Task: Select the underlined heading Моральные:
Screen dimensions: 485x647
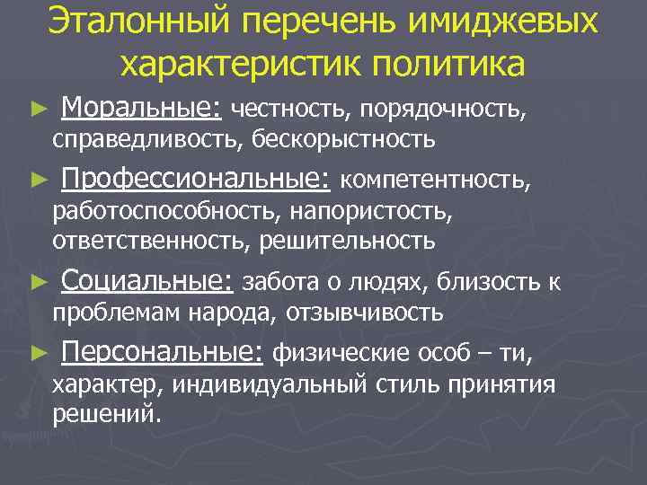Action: pyautogui.click(x=141, y=110)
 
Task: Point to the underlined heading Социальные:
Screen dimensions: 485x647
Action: pyautogui.click(x=146, y=282)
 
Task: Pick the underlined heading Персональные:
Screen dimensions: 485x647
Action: pyautogui.click(x=161, y=352)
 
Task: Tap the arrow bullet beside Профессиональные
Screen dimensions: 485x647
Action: pyautogui.click(x=37, y=181)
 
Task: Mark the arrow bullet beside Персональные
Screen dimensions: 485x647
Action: pyautogui.click(x=37, y=354)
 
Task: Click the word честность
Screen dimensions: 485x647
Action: pyautogui.click(x=291, y=111)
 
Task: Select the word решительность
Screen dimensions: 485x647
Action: pyautogui.click(x=348, y=241)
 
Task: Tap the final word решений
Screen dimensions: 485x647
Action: pyautogui.click(x=107, y=415)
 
